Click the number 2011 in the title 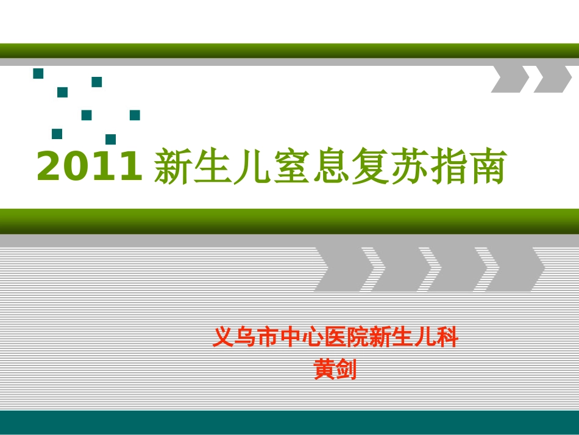(x=89, y=167)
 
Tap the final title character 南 (x=488, y=167)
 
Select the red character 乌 (x=247, y=337)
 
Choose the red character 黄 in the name (x=324, y=369)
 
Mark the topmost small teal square (x=38, y=74)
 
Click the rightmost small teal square (x=135, y=115)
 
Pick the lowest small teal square (x=110, y=140)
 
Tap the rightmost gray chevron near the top (x=552, y=79)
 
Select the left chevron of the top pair (x=510, y=79)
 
